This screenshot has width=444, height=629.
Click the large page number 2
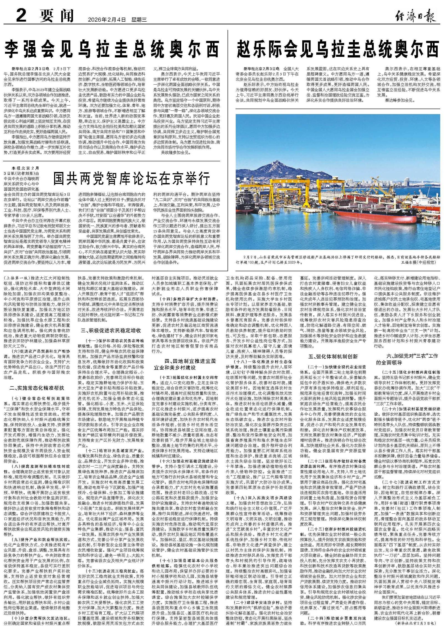pos(21,16)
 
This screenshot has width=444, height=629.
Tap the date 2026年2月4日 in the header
pos(107,19)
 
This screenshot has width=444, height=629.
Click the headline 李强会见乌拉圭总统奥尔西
pos(112,49)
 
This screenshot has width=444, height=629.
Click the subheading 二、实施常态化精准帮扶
pos(37,388)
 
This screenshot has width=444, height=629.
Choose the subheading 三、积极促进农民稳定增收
pos(111,330)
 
